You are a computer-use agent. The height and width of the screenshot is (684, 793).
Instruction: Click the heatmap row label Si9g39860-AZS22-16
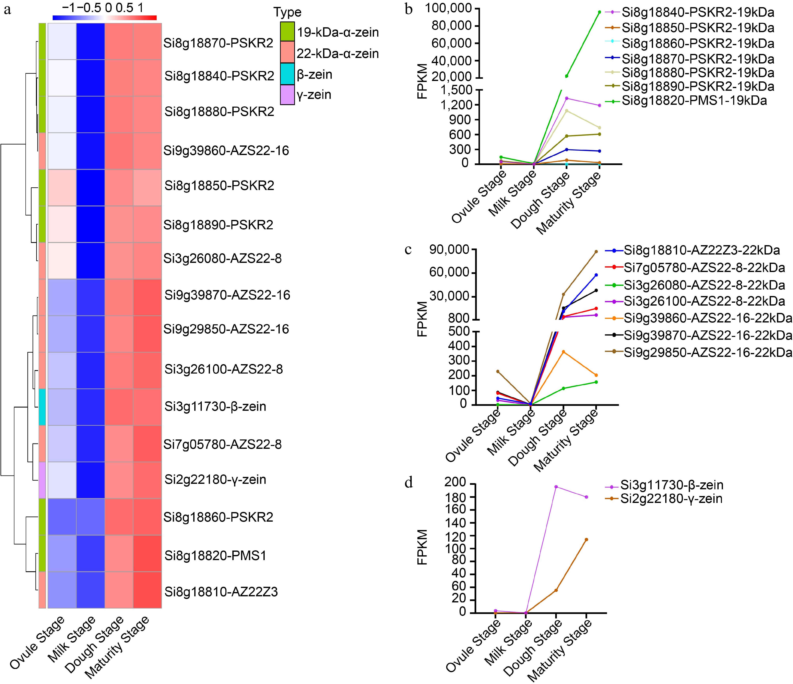tap(226, 151)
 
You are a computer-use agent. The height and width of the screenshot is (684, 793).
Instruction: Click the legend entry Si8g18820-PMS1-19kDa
tap(694, 101)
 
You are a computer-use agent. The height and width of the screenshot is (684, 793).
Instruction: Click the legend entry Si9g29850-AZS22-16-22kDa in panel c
tap(708, 352)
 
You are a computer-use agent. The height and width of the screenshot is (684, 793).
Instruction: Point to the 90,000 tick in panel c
tap(453, 250)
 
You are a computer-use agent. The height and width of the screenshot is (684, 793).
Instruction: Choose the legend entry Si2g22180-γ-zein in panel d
tap(671, 499)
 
